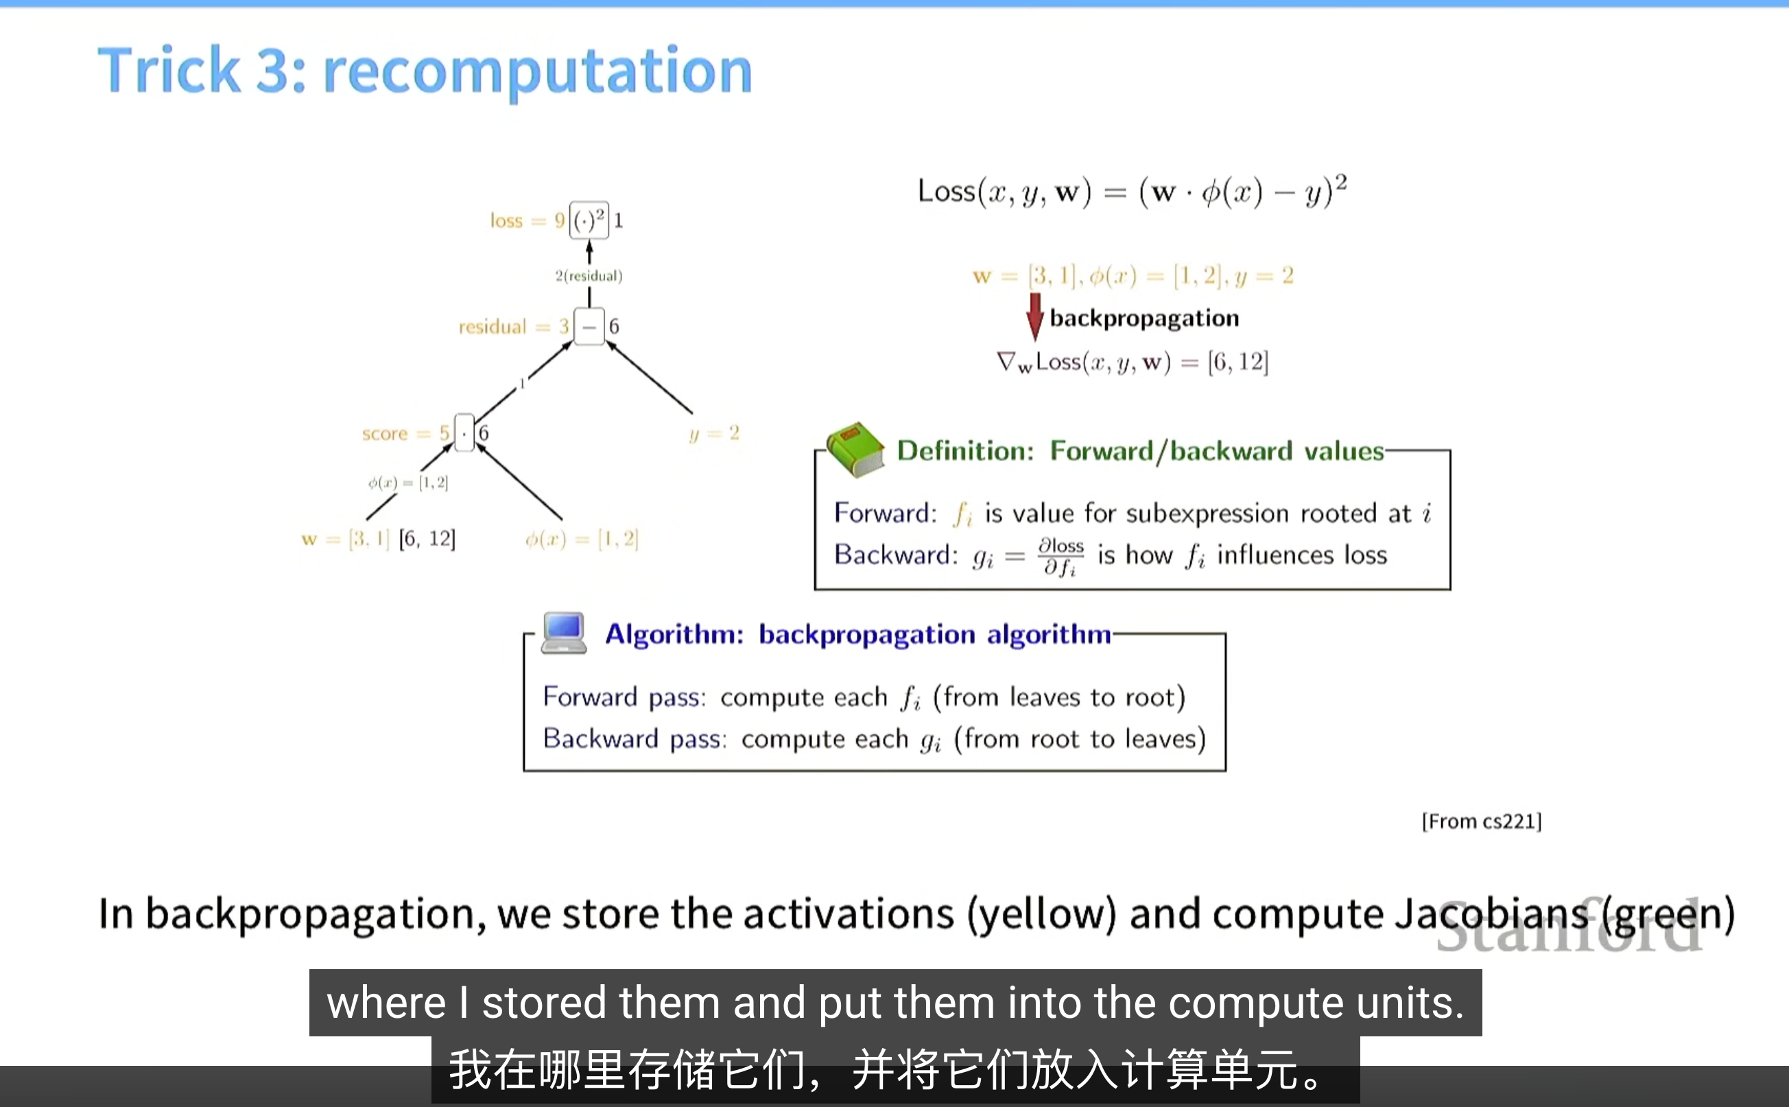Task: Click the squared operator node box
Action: (x=589, y=220)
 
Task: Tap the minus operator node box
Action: (x=589, y=326)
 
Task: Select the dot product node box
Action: (x=464, y=433)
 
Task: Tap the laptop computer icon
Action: (x=563, y=632)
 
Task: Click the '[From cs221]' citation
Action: (x=1481, y=822)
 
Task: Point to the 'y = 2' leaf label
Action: (x=714, y=433)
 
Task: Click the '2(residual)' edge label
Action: (x=588, y=276)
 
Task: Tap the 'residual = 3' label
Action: (x=513, y=326)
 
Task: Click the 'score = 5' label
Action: (x=405, y=433)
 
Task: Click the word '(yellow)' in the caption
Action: (x=1041, y=914)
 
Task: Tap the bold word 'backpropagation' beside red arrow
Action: (x=1144, y=318)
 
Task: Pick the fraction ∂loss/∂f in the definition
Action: (x=1061, y=556)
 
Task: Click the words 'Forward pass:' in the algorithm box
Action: (x=624, y=697)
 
